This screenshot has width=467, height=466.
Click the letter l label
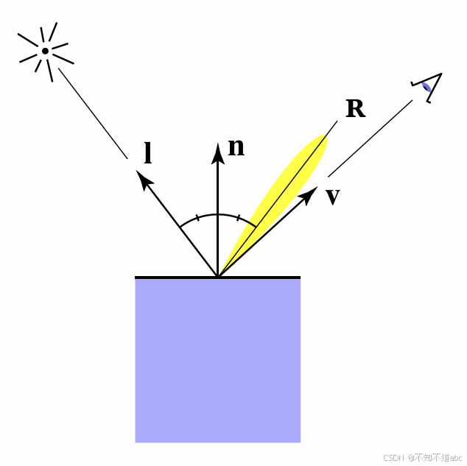pos(148,153)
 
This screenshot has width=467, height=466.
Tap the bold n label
pos(236,147)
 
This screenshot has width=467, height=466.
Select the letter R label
pos(355,109)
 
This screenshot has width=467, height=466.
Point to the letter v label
pos(333,196)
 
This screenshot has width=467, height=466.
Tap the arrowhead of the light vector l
pos(144,179)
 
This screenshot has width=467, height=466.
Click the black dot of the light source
pos(45,51)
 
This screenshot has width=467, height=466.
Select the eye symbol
pos(428,87)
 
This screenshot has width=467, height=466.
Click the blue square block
pos(217,361)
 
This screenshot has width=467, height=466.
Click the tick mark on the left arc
pos(197,218)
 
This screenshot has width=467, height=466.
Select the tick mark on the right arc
pos(237,218)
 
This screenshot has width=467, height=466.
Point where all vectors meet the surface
pos(217,277)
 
